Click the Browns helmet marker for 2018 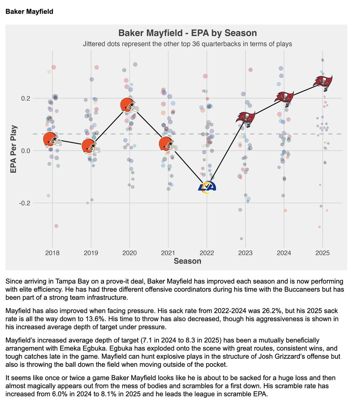(52, 140)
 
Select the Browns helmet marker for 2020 (129, 105)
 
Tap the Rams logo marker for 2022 (207, 187)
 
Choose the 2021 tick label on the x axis (168, 253)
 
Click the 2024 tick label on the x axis (284, 253)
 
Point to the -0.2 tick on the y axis (26, 203)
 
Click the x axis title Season (187, 261)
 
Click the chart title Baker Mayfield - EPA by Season (187, 33)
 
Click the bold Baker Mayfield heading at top (29, 12)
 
